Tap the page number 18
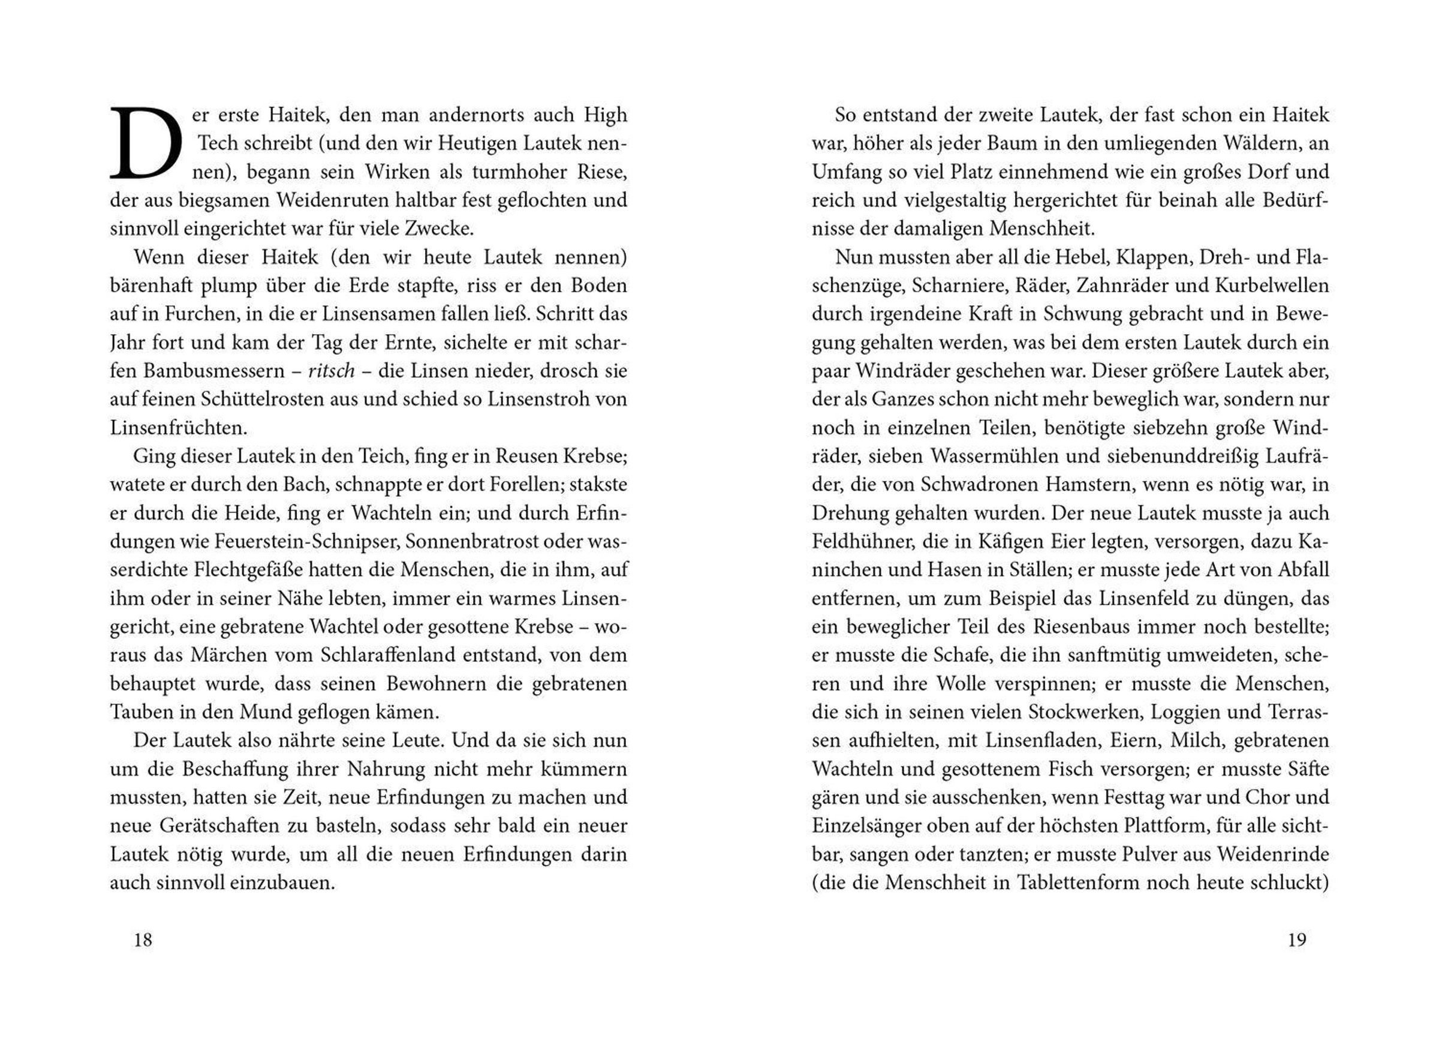click(143, 940)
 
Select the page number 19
click(1297, 940)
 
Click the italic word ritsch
click(331, 371)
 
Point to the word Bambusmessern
click(210, 371)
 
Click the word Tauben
click(140, 712)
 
